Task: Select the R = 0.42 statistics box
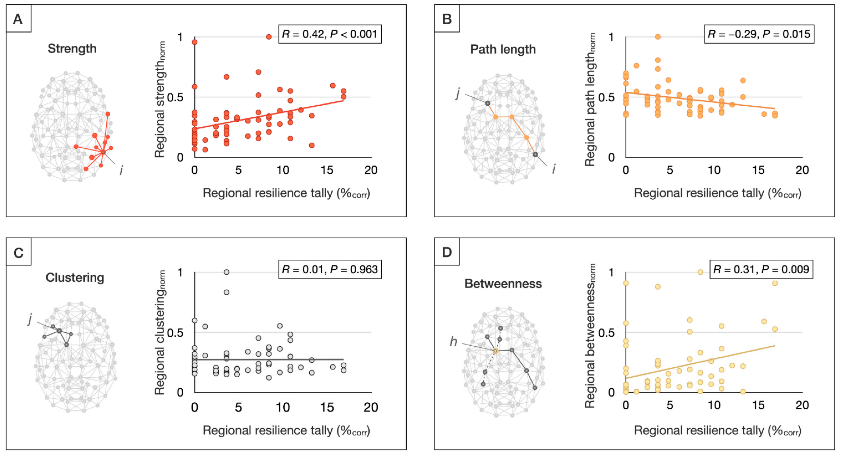point(330,34)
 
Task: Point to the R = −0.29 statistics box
point(759,34)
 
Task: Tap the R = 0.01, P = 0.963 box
point(330,269)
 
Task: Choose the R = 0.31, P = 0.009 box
point(761,269)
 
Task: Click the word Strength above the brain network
point(72,49)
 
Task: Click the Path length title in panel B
point(503,49)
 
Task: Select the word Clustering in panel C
point(75,277)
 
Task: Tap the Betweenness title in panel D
point(503,284)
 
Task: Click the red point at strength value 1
point(269,37)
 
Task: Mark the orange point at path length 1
point(658,37)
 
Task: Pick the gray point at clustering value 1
point(226,272)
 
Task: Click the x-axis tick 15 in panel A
point(327,170)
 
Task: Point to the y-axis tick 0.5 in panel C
point(175,333)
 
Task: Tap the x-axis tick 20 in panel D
point(802,405)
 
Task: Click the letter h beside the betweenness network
point(453,341)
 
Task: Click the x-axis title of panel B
point(718,193)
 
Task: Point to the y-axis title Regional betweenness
point(590,336)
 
